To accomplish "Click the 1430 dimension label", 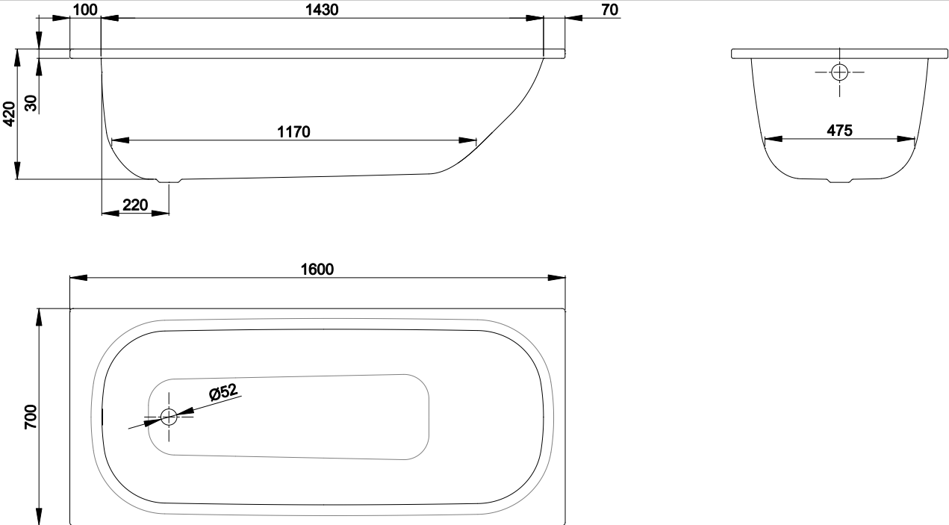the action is pos(322,10).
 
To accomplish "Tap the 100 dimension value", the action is pos(85,10).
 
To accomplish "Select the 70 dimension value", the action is pos(610,10).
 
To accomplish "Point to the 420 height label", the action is pos(9,114).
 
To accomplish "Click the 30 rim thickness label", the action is pos(31,103).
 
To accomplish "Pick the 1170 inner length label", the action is pos(293,132).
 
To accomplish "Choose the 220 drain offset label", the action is pos(135,205).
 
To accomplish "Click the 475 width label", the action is pos(839,131).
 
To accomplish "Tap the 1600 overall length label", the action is pos(317,270).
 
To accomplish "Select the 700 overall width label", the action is pos(31,417).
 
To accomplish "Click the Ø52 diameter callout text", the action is pos(223,392).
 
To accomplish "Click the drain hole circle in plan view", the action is pos(169,417).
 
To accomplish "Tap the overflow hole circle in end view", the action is pos(839,72).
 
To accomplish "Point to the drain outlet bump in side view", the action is pos(169,181).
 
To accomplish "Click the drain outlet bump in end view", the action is pos(839,181).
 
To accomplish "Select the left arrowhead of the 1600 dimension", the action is pos(78,278).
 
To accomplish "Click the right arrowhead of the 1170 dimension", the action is pos(467,140).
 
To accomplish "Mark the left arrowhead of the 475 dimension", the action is pos(774,139).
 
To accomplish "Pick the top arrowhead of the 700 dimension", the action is pos(39,317).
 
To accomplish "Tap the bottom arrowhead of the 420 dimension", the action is pos(17,170).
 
